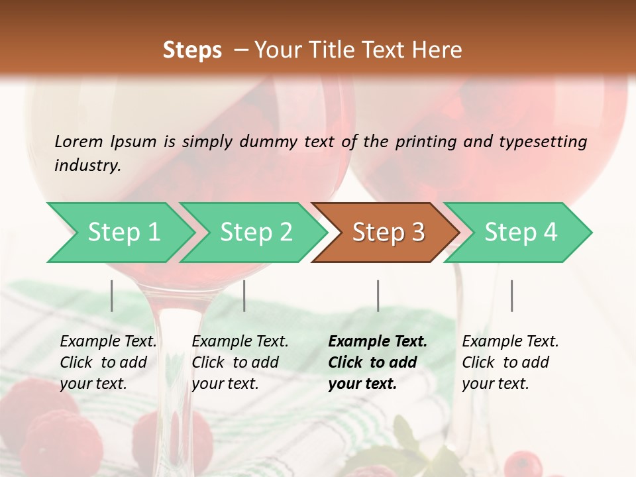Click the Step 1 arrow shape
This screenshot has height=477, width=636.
(x=123, y=232)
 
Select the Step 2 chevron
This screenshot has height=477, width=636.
(x=256, y=232)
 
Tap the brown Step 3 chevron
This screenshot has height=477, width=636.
(x=388, y=232)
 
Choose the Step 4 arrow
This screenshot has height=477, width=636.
(x=521, y=232)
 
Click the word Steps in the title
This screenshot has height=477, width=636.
(x=192, y=50)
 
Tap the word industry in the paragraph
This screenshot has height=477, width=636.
(x=87, y=165)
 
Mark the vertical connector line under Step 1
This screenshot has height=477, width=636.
(x=112, y=295)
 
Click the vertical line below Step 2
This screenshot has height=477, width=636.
(x=244, y=295)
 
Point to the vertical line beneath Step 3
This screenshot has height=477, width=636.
(x=378, y=295)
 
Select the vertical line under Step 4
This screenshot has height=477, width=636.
(x=512, y=295)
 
